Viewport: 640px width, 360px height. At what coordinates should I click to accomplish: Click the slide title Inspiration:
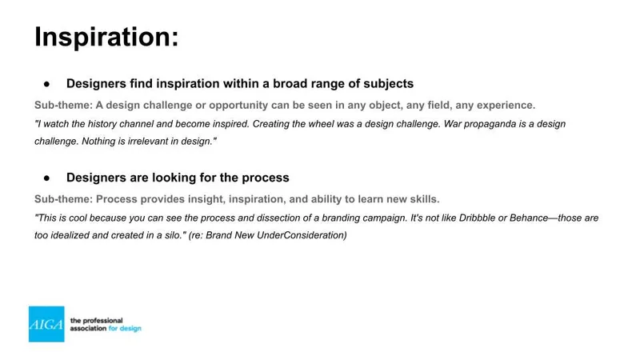click(x=106, y=37)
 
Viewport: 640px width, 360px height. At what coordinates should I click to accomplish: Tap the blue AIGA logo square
click(x=46, y=324)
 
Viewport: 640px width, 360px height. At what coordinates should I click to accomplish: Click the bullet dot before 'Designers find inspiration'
click(x=47, y=84)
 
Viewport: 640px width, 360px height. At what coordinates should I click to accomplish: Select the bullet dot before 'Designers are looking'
click(x=47, y=178)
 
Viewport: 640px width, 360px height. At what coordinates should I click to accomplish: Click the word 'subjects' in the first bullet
click(x=388, y=84)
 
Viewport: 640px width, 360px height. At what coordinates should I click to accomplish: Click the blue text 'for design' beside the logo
click(x=125, y=329)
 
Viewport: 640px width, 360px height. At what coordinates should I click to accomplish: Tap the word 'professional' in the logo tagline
click(x=102, y=321)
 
